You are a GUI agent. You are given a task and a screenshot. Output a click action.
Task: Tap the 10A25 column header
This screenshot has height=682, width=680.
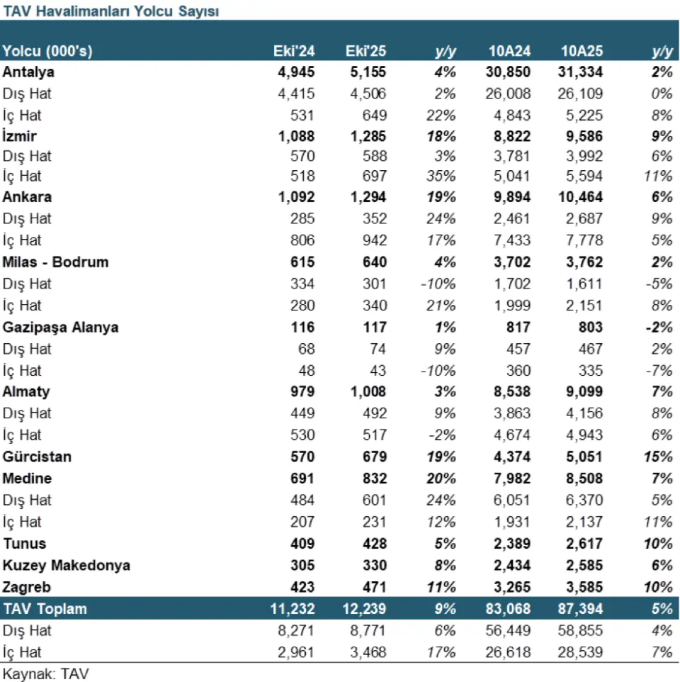pyautogui.click(x=582, y=51)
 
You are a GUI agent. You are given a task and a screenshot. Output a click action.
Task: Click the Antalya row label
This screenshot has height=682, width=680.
pyautogui.click(x=29, y=72)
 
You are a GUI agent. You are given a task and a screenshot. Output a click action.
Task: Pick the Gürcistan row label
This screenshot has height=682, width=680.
pyautogui.click(x=38, y=457)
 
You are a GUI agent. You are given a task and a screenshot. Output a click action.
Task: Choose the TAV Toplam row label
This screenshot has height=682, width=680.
pyautogui.click(x=45, y=609)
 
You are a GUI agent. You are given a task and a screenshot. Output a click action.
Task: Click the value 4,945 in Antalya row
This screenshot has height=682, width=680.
pyautogui.click(x=297, y=72)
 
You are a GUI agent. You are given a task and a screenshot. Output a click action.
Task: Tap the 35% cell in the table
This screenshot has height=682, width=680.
pyautogui.click(x=442, y=176)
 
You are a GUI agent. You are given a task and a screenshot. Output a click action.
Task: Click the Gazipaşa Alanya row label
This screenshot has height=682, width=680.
pyautogui.click(x=61, y=328)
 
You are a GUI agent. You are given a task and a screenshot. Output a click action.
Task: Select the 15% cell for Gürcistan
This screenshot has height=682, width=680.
pyautogui.click(x=659, y=457)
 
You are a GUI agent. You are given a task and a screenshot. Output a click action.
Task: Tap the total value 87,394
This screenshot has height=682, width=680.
pyautogui.click(x=579, y=609)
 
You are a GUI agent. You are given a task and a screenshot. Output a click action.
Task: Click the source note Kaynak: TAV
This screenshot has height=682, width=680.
pyautogui.click(x=46, y=673)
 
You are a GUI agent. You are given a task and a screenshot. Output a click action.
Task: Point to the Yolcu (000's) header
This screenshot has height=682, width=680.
pyautogui.click(x=47, y=51)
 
